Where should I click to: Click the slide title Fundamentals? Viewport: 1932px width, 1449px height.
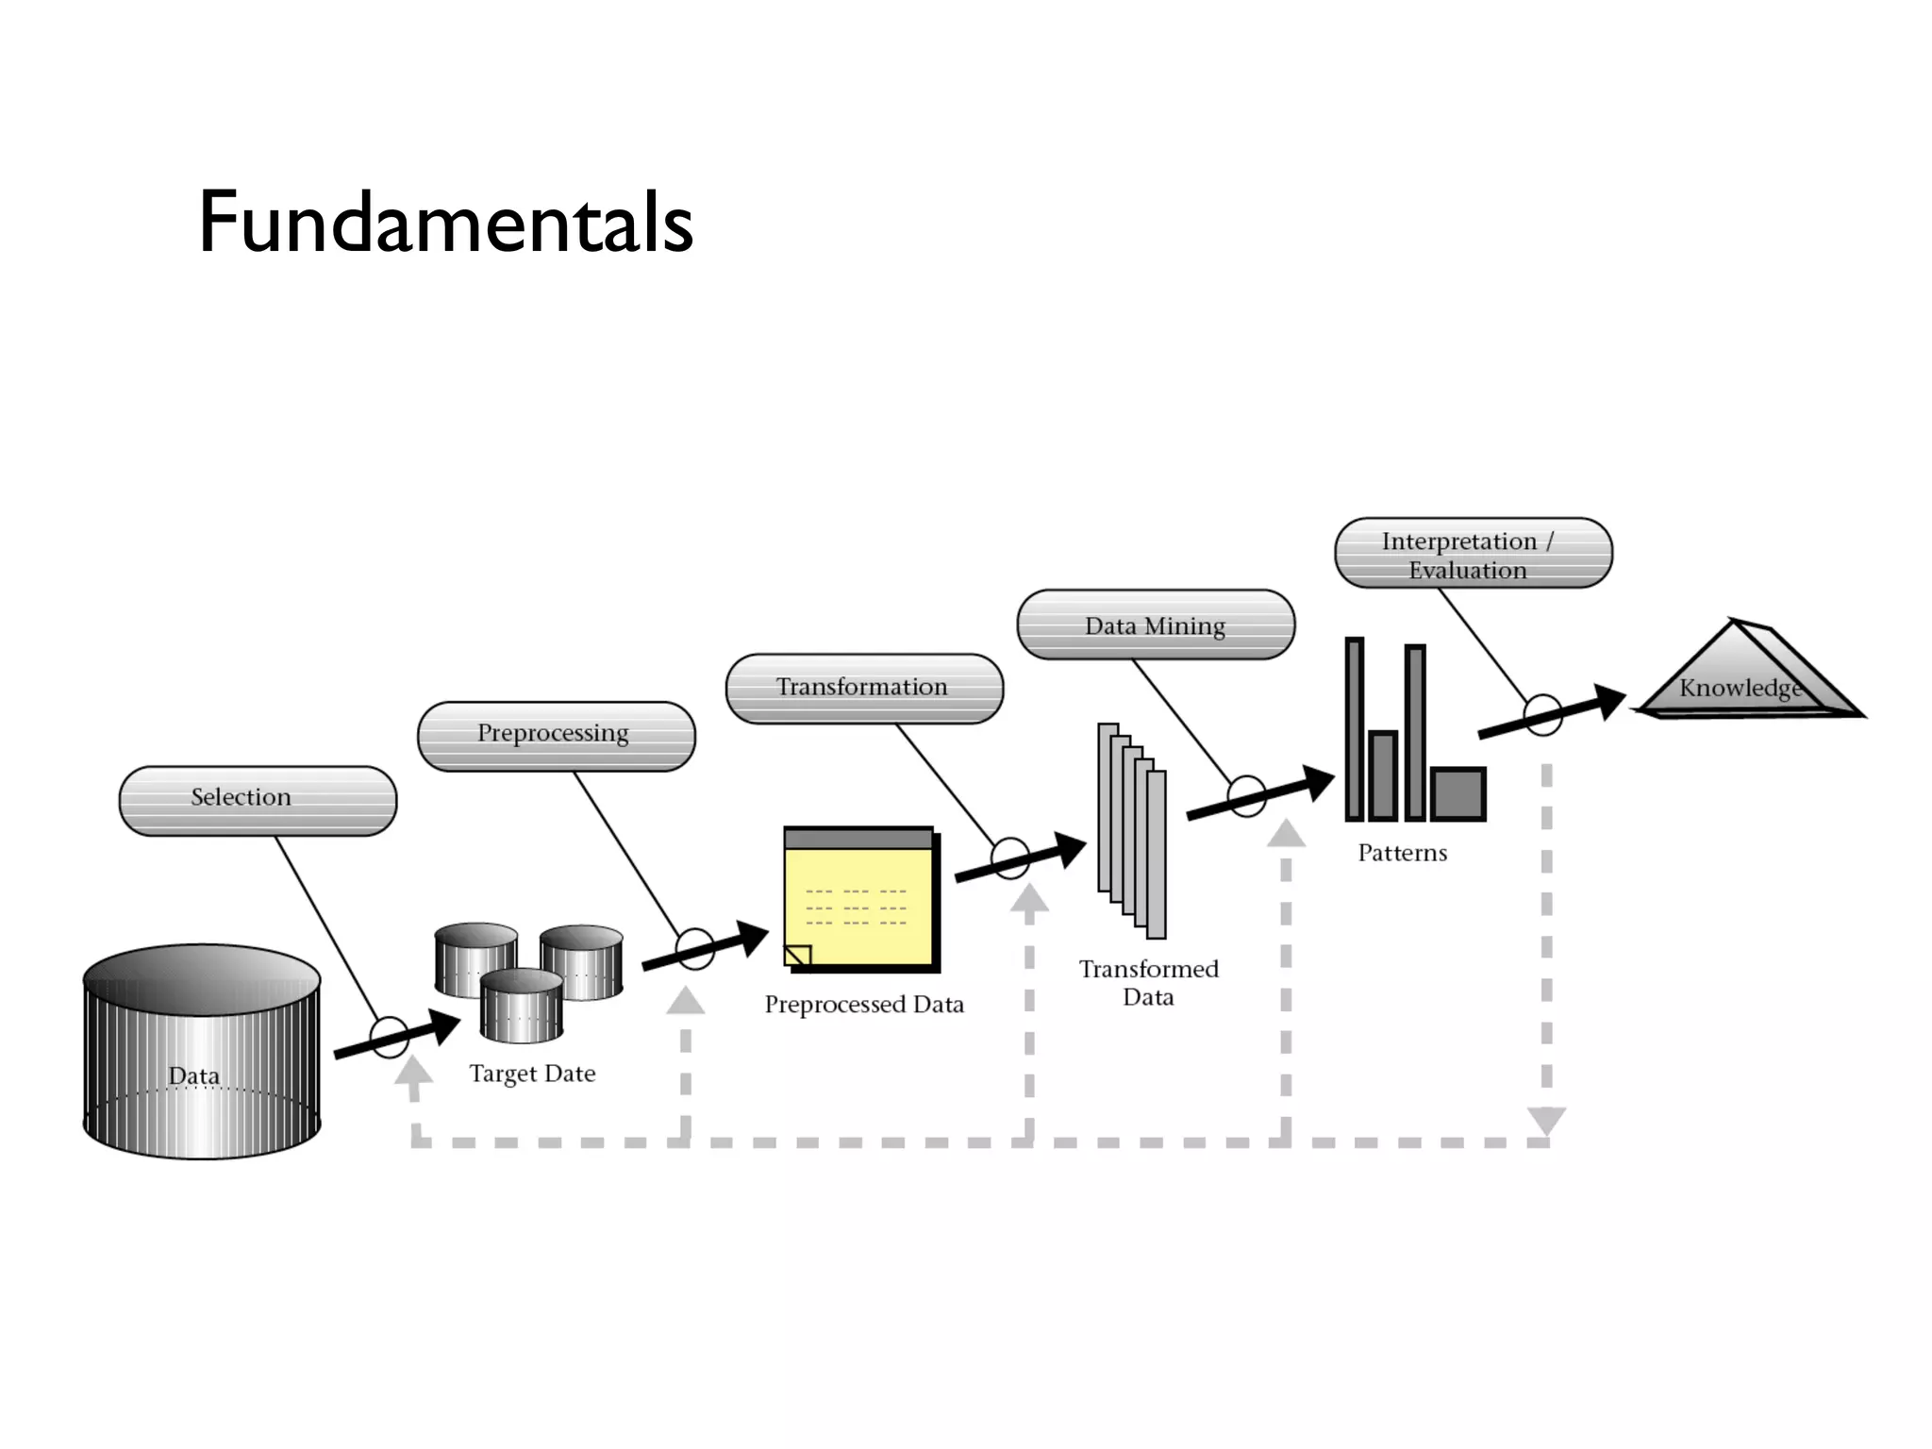(445, 223)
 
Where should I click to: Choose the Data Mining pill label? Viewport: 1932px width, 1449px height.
(1155, 625)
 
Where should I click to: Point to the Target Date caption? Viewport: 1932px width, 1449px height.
(532, 1074)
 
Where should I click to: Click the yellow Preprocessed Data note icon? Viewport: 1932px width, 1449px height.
(859, 901)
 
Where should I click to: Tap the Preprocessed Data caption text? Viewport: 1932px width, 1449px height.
(864, 1005)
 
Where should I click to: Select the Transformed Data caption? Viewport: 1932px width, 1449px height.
(1148, 982)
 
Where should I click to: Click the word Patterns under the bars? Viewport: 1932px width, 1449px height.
(1402, 853)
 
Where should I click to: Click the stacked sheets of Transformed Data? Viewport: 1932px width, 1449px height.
(1132, 830)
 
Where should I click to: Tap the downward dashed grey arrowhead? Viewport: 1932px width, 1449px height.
(1546, 1120)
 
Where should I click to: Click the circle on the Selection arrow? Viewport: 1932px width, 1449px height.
(389, 1038)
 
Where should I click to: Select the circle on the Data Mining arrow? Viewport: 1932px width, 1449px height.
(1246, 796)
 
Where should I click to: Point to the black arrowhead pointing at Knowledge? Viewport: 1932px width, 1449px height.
(1607, 701)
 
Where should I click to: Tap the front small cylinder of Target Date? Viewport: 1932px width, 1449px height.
(522, 1006)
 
